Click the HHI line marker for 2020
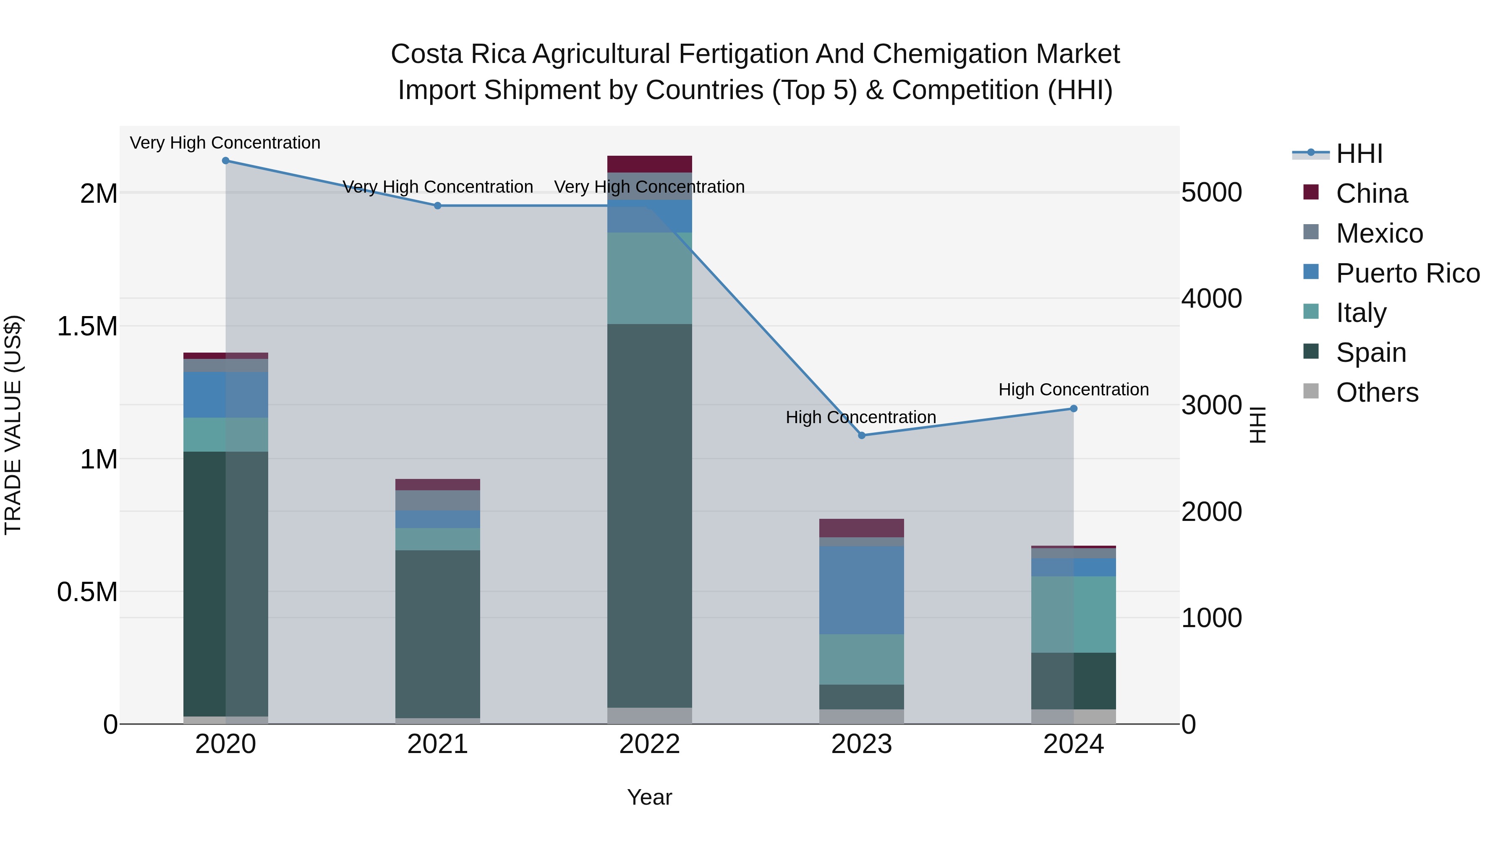point(225,161)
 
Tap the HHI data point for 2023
point(862,435)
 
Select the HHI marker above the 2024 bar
point(1073,409)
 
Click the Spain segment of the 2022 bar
point(649,516)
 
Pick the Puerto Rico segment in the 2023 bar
point(862,590)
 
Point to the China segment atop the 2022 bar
point(649,164)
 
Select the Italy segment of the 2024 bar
point(1073,614)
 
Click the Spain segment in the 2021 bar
point(438,633)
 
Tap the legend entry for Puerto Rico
point(1408,273)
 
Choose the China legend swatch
point(1311,192)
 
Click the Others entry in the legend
point(1377,392)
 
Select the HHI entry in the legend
point(1359,154)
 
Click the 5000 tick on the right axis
point(1211,193)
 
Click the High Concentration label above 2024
point(1073,390)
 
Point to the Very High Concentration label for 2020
point(225,143)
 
